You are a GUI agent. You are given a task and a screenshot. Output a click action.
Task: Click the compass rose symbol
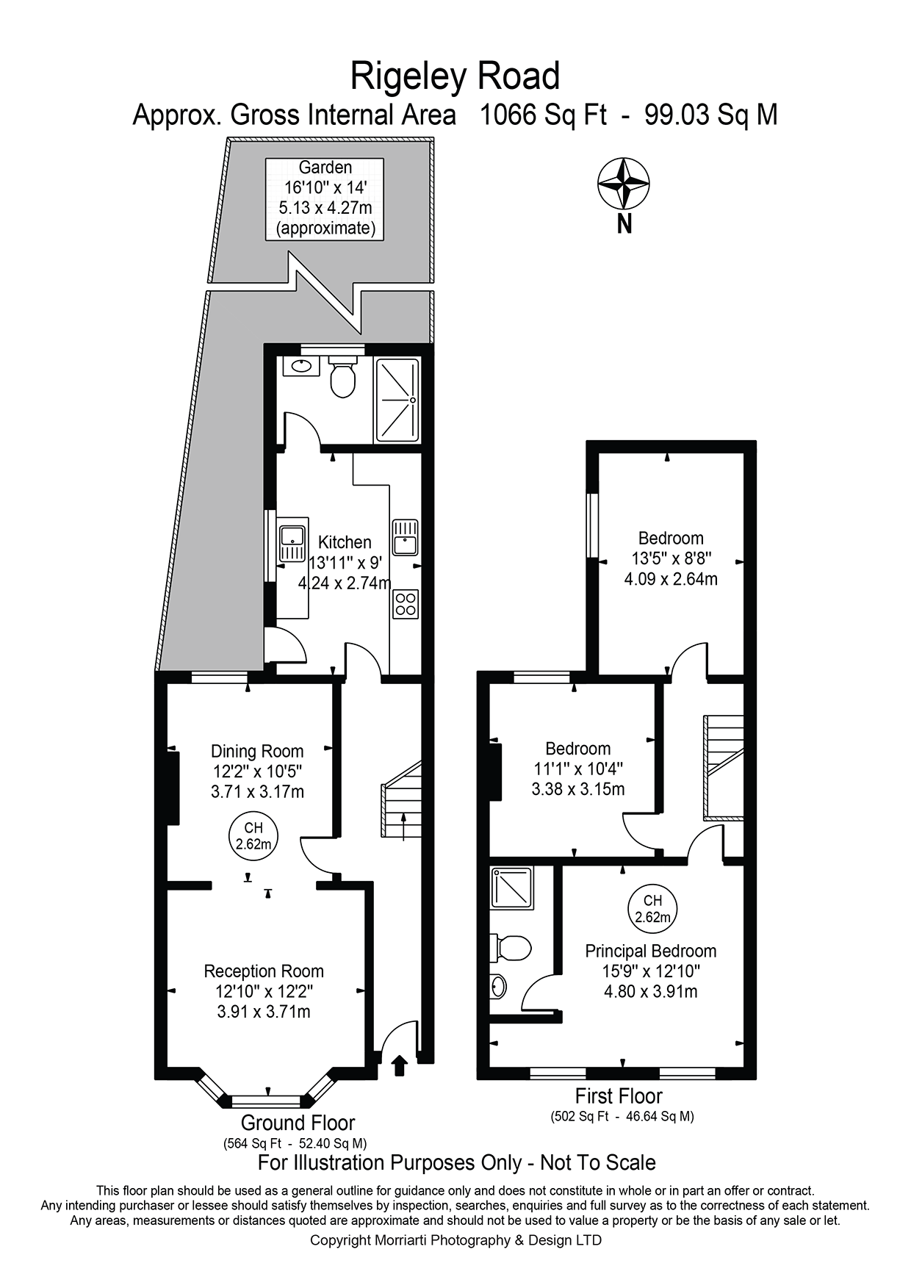coord(623,184)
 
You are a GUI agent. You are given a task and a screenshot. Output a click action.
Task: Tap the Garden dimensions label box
coord(325,198)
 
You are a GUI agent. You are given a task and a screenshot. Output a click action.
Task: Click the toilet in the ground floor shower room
coord(342,378)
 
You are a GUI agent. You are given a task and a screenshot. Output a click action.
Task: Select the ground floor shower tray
coord(397,400)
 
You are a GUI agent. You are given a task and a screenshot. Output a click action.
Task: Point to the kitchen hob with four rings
coord(406,604)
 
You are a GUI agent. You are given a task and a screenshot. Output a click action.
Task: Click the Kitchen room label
coord(344,542)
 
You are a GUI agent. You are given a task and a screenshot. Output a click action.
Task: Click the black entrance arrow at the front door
coord(400,1065)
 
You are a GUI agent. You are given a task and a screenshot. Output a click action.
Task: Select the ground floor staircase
coord(402,801)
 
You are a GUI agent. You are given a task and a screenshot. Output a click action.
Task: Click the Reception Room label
coord(264,971)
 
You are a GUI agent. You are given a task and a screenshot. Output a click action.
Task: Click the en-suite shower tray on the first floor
coord(513,887)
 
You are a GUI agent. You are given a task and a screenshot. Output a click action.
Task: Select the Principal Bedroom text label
coord(650,951)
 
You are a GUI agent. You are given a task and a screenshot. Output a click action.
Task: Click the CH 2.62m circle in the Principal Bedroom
coord(652,909)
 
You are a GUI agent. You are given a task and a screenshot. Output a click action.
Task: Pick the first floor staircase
coord(724,766)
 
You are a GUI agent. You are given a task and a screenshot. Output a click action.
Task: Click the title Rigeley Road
coord(455,76)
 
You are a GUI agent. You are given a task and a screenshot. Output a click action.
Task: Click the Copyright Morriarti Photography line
coord(455,1240)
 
